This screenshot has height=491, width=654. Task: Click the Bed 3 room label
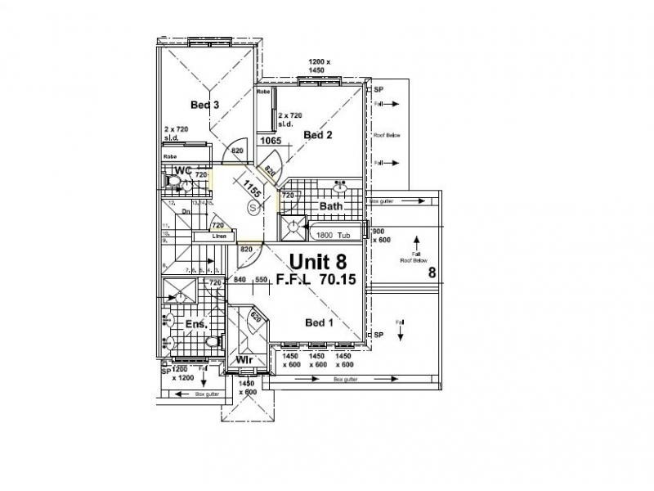pyautogui.click(x=204, y=105)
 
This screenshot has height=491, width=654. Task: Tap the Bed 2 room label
pyautogui.click(x=318, y=134)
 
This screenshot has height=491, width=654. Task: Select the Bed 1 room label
pyautogui.click(x=320, y=322)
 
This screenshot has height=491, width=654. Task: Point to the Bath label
pyautogui.click(x=330, y=206)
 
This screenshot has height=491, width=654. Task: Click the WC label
pyautogui.click(x=182, y=170)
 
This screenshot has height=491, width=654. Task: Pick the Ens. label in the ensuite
pyautogui.click(x=195, y=325)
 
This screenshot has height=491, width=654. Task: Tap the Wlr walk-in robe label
pyautogui.click(x=243, y=360)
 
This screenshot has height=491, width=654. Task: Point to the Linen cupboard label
pyautogui.click(x=219, y=236)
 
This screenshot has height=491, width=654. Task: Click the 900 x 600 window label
pyautogui.click(x=382, y=235)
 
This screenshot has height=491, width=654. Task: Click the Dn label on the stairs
pyautogui.click(x=186, y=210)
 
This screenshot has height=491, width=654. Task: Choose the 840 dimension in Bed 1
pyautogui.click(x=240, y=280)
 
